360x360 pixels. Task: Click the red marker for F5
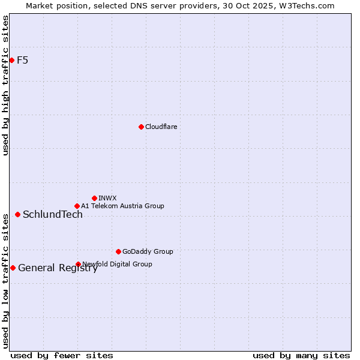tap(11, 60)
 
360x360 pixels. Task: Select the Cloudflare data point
tap(141, 127)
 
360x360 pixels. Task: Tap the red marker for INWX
tap(94, 198)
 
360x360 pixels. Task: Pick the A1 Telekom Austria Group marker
tap(77, 206)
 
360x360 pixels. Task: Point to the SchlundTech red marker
tap(17, 214)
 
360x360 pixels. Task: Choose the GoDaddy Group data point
tap(118, 251)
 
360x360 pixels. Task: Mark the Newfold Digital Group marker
tap(78, 264)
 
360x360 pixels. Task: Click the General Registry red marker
tap(13, 268)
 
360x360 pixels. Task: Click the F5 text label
tap(23, 60)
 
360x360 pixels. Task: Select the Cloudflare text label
tap(161, 127)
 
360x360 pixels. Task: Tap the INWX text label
tap(108, 198)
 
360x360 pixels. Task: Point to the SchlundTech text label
tap(53, 215)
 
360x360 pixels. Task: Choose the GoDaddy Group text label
tap(148, 251)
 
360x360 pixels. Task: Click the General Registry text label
tap(58, 268)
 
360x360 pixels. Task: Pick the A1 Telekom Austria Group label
tap(122, 206)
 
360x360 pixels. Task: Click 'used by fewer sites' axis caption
tap(62, 355)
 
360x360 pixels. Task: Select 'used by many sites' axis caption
tap(301, 355)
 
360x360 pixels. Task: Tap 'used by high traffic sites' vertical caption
tap(5, 85)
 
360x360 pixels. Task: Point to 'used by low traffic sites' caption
tap(5, 280)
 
